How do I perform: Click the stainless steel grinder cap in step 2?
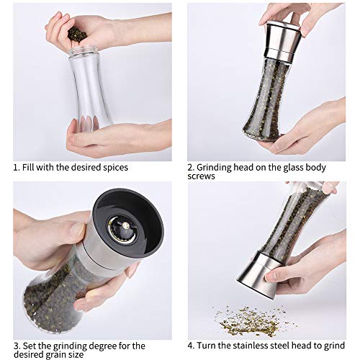pos(283,40)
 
